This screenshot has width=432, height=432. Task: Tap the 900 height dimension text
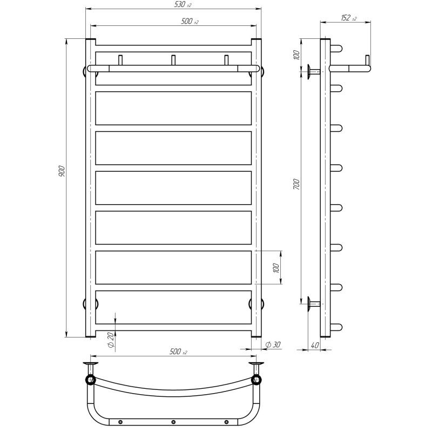tap(61, 171)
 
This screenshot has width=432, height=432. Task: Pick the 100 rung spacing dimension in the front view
tap(275, 268)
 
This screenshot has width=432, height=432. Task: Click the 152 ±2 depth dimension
tap(348, 18)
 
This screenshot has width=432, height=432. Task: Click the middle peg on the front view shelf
tap(173, 60)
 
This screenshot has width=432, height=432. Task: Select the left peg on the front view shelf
tap(120, 60)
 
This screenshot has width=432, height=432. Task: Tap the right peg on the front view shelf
tap(226, 60)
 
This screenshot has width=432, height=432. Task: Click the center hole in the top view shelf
tap(173, 422)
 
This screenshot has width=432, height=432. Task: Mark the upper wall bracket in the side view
tap(313, 71)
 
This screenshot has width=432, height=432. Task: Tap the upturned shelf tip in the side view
tap(367, 60)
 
